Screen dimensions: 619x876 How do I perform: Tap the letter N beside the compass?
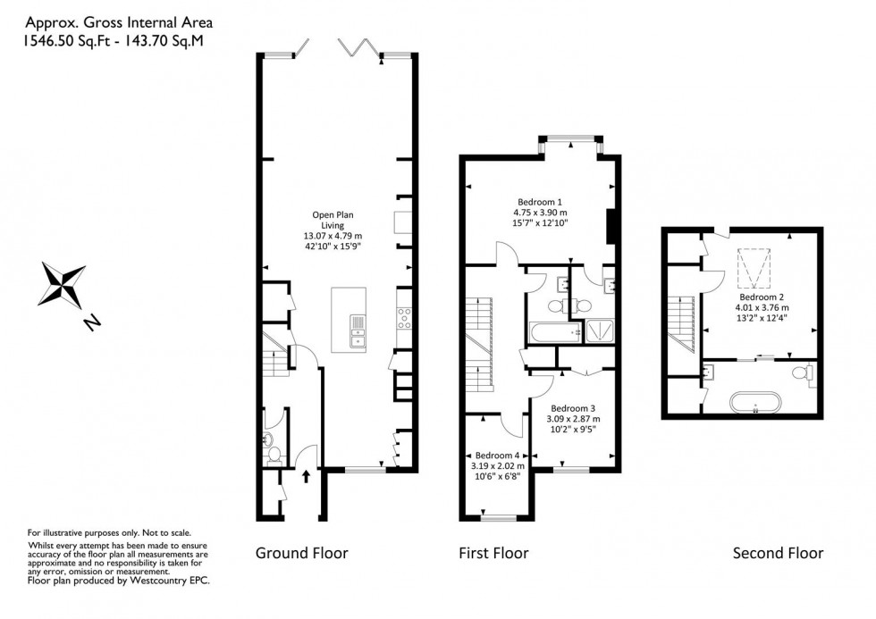click(93, 322)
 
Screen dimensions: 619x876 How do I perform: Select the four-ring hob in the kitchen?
click(403, 316)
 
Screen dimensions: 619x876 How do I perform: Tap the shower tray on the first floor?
click(594, 331)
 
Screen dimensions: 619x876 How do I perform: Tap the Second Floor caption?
click(778, 553)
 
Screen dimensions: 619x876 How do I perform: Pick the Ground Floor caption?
click(301, 553)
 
